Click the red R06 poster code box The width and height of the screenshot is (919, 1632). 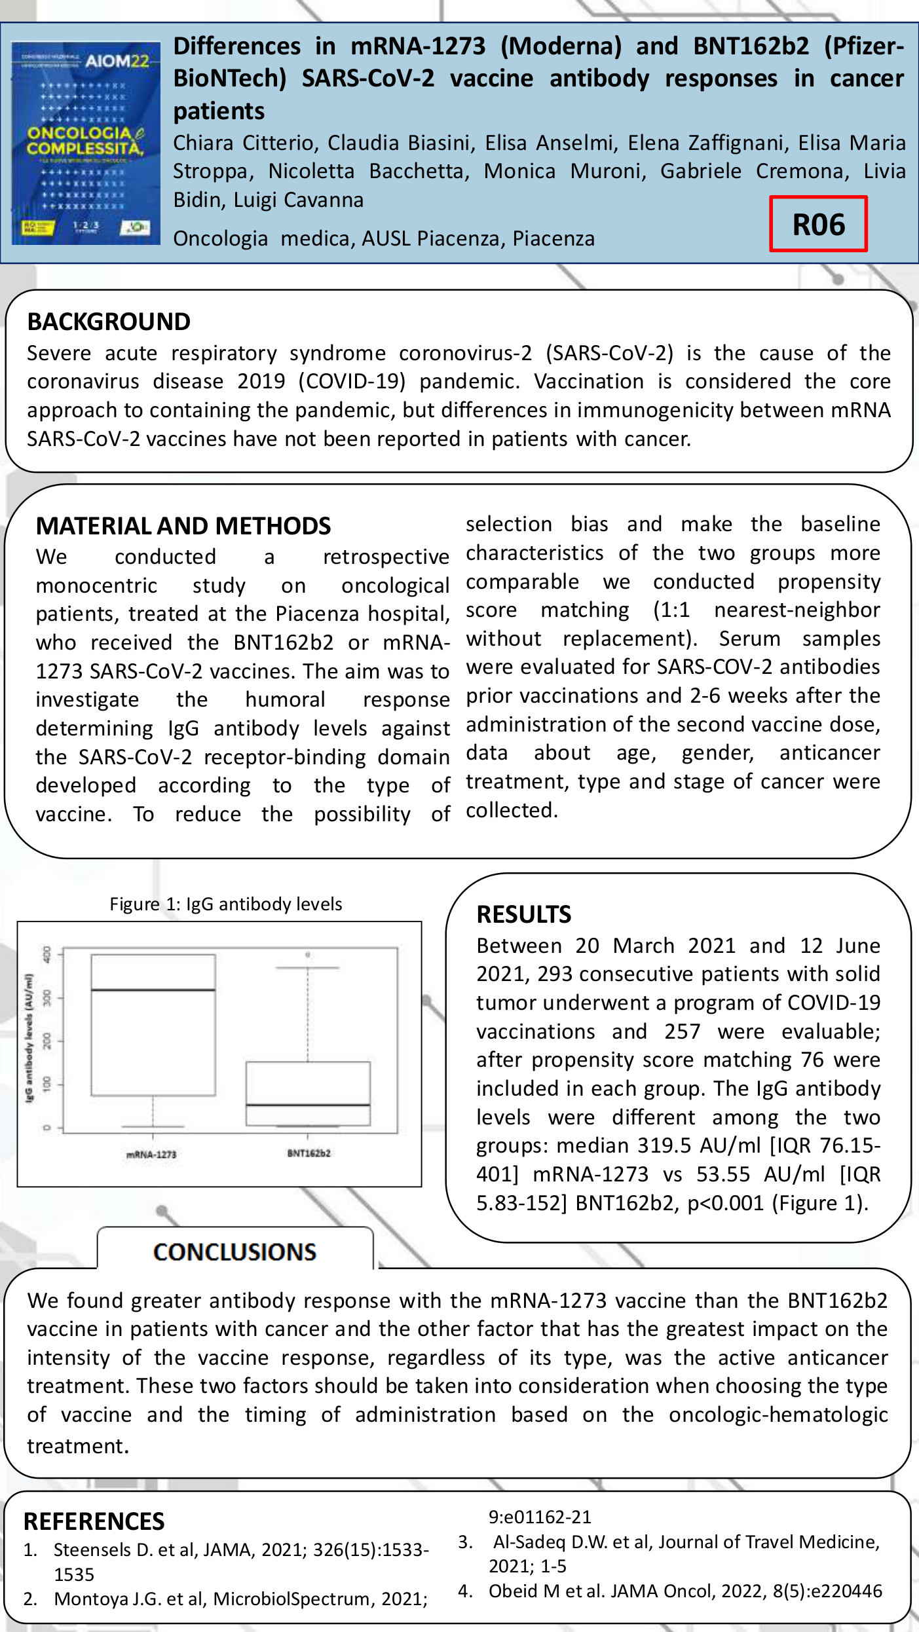[x=818, y=224]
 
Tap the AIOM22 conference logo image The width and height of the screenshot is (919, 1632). [x=86, y=143]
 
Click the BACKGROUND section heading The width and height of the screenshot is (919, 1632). [x=109, y=322]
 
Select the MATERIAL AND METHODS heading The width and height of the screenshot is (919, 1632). [x=183, y=526]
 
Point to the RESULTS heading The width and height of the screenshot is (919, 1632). [x=524, y=914]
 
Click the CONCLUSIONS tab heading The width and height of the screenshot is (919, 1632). [x=234, y=1252]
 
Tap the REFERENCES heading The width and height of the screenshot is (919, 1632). [x=94, y=1521]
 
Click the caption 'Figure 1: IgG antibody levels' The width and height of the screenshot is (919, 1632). [x=225, y=904]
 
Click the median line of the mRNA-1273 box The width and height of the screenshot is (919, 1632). [x=153, y=990]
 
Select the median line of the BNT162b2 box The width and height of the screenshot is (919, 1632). [x=308, y=1105]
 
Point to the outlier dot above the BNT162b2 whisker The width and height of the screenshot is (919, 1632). [x=308, y=954]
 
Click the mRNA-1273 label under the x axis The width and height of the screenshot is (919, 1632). [x=151, y=1155]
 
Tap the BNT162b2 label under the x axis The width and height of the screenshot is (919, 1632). [x=309, y=1153]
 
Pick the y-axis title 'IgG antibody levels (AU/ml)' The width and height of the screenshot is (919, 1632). [x=29, y=1037]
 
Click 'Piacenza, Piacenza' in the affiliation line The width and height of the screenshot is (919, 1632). [x=553, y=238]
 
